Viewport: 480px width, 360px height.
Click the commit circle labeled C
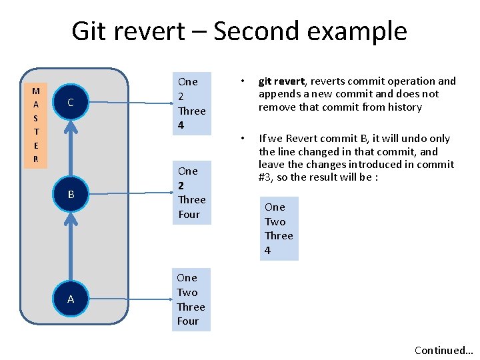70,103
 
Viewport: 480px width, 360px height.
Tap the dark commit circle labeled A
70,299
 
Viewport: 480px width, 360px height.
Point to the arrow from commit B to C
70,148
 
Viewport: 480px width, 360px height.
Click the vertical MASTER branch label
36,125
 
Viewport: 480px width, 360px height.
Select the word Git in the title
93,31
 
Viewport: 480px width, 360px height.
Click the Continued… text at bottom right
443,350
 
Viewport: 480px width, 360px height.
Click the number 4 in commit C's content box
181,125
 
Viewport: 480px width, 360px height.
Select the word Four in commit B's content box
189,214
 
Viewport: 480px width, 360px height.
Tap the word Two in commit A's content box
187,292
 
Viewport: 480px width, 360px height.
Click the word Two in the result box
275,221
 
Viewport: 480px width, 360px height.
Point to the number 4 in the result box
267,251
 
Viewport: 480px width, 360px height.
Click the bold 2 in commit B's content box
181,185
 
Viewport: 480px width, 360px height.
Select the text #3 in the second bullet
266,177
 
